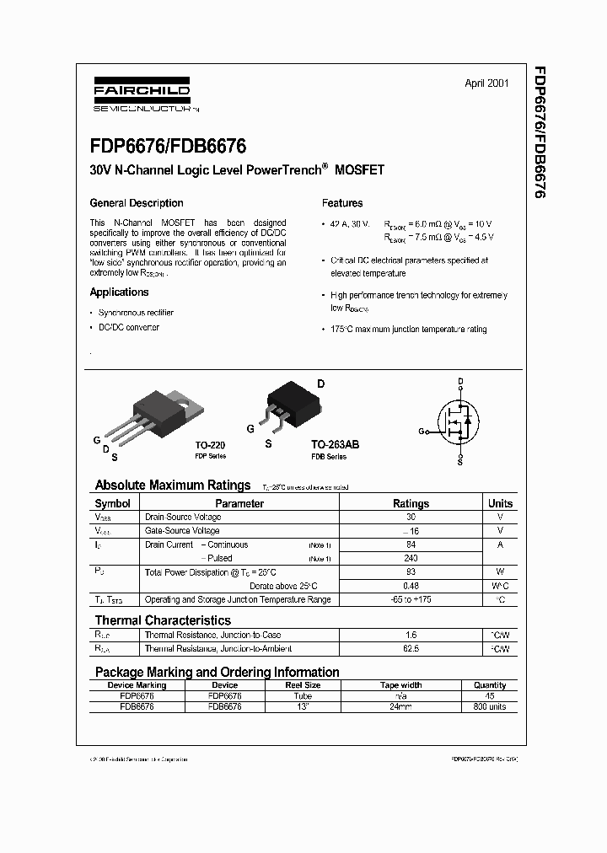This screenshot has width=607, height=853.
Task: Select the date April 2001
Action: pyautogui.click(x=486, y=83)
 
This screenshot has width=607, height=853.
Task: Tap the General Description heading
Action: pyautogui.click(x=137, y=203)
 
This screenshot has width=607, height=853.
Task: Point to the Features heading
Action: pyautogui.click(x=342, y=203)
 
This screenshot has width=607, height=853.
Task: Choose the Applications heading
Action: pyautogui.click(x=119, y=292)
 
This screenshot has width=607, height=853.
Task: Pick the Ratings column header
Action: pyautogui.click(x=411, y=503)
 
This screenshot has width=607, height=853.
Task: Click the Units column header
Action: pyautogui.click(x=500, y=503)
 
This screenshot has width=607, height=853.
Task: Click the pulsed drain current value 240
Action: pyautogui.click(x=411, y=558)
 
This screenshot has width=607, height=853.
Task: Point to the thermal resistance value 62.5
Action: pyautogui.click(x=411, y=649)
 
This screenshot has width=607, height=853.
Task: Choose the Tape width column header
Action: pyautogui.click(x=400, y=685)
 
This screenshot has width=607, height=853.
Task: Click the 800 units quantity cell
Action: pyautogui.click(x=490, y=707)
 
